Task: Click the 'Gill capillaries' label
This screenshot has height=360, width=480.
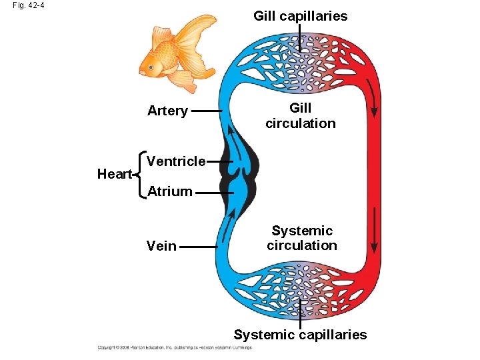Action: pos(300,16)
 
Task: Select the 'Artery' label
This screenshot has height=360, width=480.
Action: pos(167,111)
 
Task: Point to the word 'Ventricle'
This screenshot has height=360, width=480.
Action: pos(176,161)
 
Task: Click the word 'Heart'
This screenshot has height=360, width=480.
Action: pos(114,174)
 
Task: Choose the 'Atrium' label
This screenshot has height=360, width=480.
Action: pos(170,192)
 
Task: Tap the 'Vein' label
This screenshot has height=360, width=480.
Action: pos(161,246)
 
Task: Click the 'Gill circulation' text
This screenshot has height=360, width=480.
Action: pos(301,115)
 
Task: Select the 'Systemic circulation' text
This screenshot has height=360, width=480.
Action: pos(302,238)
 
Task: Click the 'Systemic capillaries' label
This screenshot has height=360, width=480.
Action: pos(300,335)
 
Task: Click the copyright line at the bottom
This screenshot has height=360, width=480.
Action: pos(175,347)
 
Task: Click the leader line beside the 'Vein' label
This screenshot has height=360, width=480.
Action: pos(199,246)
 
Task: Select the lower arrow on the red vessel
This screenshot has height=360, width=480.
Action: pos(374,230)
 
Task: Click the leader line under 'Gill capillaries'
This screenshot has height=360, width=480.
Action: pos(300,37)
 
